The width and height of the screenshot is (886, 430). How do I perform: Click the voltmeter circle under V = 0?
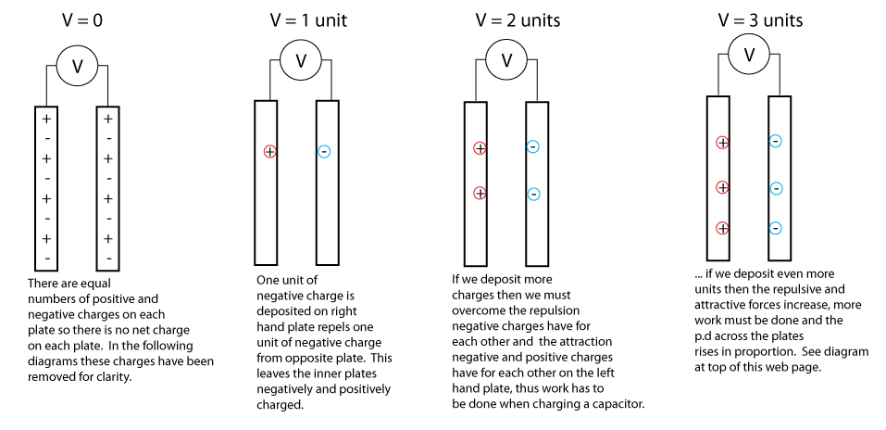pos(77,65)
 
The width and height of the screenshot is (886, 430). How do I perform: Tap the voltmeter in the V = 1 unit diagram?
pos(300,61)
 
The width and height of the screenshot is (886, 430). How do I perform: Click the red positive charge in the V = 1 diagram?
pos(269,151)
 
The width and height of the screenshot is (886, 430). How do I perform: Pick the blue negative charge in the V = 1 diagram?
pos(324,151)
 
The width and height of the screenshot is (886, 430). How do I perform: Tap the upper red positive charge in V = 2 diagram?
pos(480,147)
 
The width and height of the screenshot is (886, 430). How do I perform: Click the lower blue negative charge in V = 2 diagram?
pos(533,194)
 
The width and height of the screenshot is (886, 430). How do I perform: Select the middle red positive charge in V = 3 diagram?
pos(722,187)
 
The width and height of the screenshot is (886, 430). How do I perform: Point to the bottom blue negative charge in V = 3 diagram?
pos(776,228)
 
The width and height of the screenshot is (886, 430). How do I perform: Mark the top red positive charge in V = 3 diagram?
pos(722,142)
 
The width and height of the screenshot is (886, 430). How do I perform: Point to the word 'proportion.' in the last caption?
pos(773,352)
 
